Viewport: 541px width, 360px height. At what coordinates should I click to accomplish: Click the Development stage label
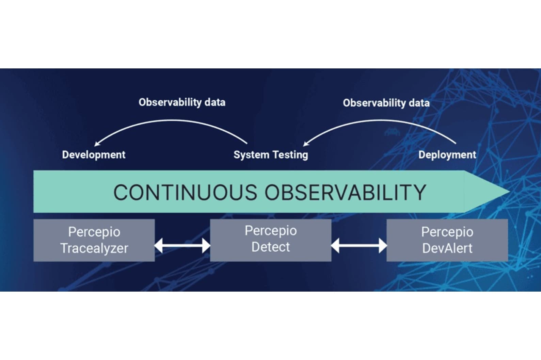[94, 155]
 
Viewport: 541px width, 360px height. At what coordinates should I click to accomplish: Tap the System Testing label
[271, 155]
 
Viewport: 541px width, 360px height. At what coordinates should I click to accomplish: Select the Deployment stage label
[447, 155]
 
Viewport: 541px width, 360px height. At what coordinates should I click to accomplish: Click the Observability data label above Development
[182, 102]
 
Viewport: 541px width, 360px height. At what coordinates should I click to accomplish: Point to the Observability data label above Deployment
[386, 103]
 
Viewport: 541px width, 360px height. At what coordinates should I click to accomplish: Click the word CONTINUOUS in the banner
[185, 192]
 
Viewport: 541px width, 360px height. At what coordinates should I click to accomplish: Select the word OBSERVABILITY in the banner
[345, 192]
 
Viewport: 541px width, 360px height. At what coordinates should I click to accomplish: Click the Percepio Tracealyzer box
[94, 240]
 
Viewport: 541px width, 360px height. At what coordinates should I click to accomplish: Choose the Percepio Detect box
[271, 240]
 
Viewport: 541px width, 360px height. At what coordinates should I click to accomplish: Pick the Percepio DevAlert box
[447, 240]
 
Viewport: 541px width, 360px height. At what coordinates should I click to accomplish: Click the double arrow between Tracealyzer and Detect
[182, 245]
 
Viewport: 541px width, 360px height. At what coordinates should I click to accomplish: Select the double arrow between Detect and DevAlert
[359, 245]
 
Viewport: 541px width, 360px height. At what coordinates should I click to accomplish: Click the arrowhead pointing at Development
[97, 144]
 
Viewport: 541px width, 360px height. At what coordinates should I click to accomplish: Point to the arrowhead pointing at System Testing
[305, 144]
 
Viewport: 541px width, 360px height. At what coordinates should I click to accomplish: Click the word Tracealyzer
[94, 248]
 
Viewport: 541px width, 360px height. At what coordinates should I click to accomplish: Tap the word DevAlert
[447, 248]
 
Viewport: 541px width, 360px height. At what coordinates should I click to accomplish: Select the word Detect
[271, 247]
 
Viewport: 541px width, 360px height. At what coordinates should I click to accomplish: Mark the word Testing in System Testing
[290, 155]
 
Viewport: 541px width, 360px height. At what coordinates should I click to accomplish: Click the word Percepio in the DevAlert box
[447, 232]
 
